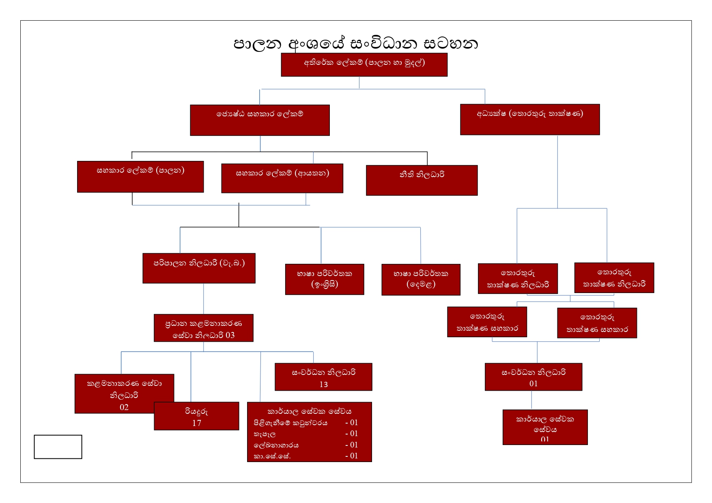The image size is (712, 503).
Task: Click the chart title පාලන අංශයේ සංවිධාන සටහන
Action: pyautogui.click(x=355, y=43)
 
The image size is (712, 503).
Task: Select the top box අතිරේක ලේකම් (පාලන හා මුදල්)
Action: pyautogui.click(x=364, y=64)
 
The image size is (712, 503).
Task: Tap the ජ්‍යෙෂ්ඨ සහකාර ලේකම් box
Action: pyautogui.click(x=260, y=120)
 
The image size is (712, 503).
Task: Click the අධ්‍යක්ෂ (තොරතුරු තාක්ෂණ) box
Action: pyautogui.click(x=529, y=119)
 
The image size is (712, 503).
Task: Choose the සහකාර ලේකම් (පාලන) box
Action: pyautogui.click(x=140, y=176)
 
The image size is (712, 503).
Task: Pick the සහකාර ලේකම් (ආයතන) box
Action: pyautogui.click(x=282, y=178)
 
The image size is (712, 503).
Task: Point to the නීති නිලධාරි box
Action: pyautogui.click(x=422, y=180)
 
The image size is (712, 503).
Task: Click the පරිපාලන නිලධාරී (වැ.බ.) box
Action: pyautogui.click(x=199, y=268)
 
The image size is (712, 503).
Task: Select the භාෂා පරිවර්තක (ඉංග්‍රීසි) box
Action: pyautogui.click(x=324, y=279)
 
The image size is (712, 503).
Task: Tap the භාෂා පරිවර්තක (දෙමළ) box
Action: pyautogui.click(x=421, y=279)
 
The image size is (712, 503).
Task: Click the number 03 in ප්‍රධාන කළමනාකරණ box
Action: pyautogui.click(x=230, y=335)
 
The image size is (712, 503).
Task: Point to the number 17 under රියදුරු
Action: pyautogui.click(x=196, y=423)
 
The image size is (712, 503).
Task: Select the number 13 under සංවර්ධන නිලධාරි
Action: pyautogui.click(x=323, y=384)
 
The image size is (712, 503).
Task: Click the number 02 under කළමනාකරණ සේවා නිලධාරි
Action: pyautogui.click(x=124, y=407)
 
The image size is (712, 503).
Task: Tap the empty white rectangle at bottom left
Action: pyautogui.click(x=58, y=447)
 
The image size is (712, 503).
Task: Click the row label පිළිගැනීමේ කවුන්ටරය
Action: pyautogui.click(x=290, y=423)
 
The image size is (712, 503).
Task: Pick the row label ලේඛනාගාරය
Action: pyautogui.click(x=276, y=445)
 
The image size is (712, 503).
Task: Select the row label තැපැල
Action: pyautogui.click(x=265, y=434)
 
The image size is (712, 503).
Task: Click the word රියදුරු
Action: pyautogui.click(x=196, y=411)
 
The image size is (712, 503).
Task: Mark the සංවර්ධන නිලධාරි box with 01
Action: pyautogui.click(x=533, y=377)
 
